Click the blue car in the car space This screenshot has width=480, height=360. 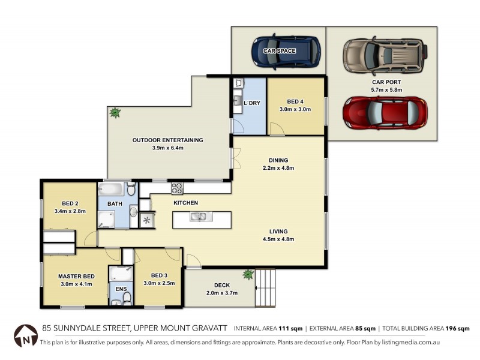tap(286, 52)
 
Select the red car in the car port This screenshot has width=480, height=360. tap(385, 112)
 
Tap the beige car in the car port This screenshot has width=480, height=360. tap(384, 54)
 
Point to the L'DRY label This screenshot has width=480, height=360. tap(253, 103)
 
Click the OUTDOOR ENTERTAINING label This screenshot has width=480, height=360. tap(167, 140)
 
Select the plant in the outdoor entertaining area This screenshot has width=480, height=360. tap(114, 112)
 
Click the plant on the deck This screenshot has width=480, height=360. tap(247, 275)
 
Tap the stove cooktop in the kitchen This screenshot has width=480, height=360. tap(178, 188)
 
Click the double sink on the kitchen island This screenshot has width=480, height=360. tap(198, 217)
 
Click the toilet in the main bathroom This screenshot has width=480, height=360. tap(132, 191)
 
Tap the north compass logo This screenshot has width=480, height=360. tap(26, 335)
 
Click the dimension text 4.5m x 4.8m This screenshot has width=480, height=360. tap(278, 239)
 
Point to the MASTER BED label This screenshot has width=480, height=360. tap(76, 277)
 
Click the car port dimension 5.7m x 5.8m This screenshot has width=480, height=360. tap(386, 90)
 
